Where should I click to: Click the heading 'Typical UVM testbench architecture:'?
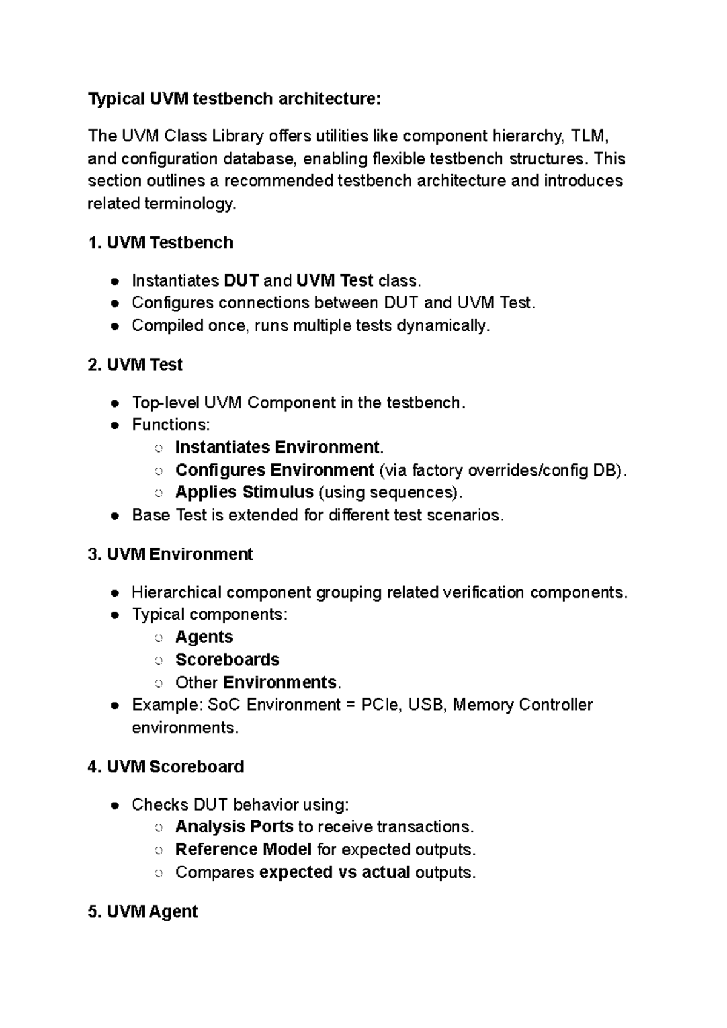point(234,98)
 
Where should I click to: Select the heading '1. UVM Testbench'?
point(161,243)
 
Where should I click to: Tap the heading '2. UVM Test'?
point(135,365)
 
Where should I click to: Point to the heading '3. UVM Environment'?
point(170,554)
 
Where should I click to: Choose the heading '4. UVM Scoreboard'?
point(165,767)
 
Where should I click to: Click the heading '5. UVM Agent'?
point(142,912)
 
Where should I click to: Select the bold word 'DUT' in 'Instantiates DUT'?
point(241,281)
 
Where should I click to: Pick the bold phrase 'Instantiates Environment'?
point(277,448)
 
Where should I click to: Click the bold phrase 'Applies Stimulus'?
point(244,492)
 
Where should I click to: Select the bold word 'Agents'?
point(204,637)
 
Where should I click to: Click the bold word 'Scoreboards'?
point(227,660)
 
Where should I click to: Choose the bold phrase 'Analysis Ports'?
point(234,827)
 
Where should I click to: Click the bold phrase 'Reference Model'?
point(244,849)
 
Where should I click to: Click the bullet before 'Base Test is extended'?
point(115,516)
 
